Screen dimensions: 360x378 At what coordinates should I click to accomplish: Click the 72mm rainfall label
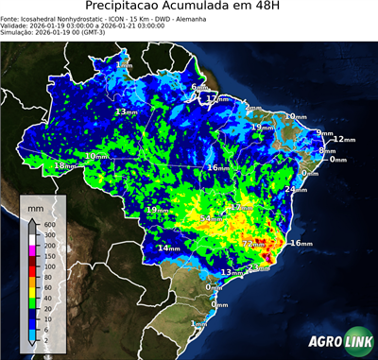pyautogui.click(x=253, y=244)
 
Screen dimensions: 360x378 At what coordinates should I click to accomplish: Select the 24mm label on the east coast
pyautogui.click(x=295, y=190)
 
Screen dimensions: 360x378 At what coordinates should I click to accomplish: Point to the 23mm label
pyautogui.click(x=254, y=267)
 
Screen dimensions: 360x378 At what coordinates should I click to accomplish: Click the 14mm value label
pyautogui.click(x=168, y=248)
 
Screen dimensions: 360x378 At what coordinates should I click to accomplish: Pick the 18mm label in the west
pyautogui.click(x=64, y=166)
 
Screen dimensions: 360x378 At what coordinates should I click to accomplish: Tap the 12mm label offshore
pyautogui.click(x=343, y=139)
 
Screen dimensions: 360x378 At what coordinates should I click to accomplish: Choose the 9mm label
pyautogui.click(x=325, y=132)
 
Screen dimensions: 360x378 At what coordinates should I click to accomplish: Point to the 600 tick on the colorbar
pyautogui.click(x=48, y=223)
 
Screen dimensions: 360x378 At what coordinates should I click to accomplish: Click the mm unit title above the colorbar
pyautogui.click(x=35, y=207)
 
